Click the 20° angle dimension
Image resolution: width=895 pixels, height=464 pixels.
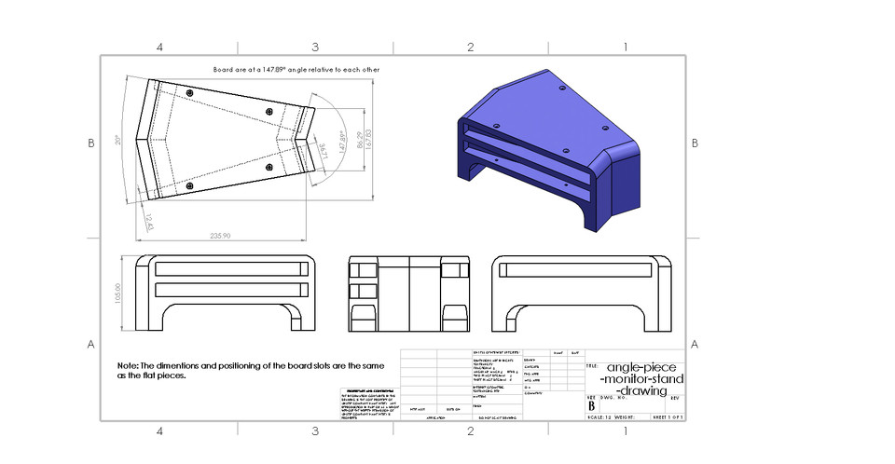click(118, 141)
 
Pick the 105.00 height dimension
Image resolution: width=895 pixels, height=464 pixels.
click(119, 293)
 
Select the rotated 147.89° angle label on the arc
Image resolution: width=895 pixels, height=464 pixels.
click(343, 141)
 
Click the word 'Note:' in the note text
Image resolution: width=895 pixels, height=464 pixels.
click(128, 366)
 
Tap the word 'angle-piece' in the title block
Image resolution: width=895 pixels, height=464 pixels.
click(643, 367)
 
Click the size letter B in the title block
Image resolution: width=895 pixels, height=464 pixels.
click(591, 404)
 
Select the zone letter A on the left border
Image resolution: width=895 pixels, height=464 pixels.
click(91, 344)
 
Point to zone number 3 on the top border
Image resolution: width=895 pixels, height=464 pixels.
click(315, 47)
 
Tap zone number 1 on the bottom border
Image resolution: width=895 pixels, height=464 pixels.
click(625, 430)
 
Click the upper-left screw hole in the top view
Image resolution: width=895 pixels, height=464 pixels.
click(189, 95)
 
